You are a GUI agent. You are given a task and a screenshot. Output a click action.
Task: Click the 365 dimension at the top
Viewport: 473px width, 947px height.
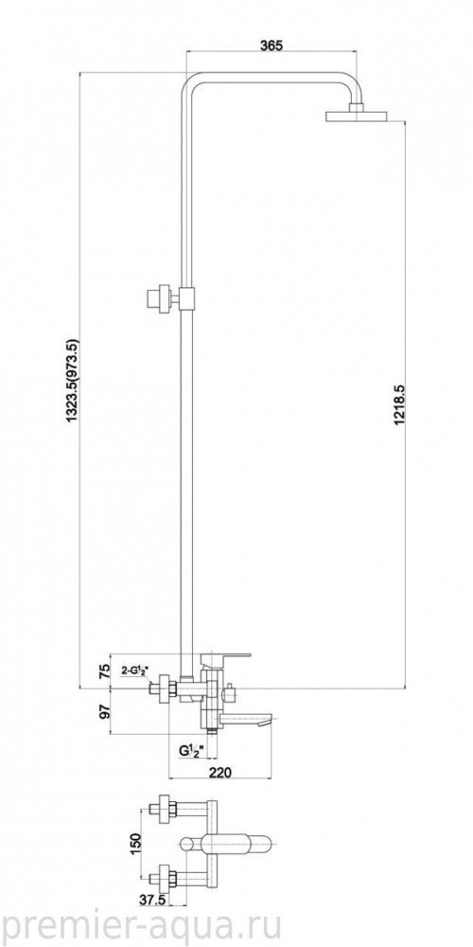pos(272,45)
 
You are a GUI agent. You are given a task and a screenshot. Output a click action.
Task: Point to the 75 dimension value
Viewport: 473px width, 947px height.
pos(104,671)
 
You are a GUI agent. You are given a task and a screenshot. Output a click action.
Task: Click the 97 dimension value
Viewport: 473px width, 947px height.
pos(104,711)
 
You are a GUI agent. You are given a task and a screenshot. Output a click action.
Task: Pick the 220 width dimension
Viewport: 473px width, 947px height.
pos(219,771)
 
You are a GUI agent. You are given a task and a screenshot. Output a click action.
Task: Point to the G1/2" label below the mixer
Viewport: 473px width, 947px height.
pos(191,751)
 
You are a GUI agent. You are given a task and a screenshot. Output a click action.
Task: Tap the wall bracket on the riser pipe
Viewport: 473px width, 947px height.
pos(170,297)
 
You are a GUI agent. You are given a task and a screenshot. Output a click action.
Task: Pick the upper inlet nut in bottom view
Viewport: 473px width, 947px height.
pos(163,808)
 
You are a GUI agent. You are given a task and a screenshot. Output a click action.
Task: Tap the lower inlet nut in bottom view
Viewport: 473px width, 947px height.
pos(163,874)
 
